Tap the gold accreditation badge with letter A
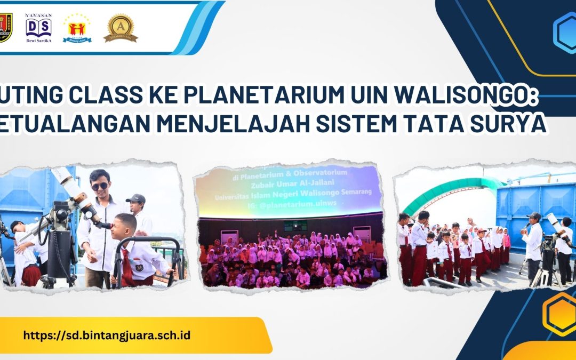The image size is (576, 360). pos(120,28)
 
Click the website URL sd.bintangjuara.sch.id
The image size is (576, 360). pos(107,335)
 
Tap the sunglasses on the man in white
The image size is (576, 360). pos(99,186)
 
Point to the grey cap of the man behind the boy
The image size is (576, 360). pos(136,198)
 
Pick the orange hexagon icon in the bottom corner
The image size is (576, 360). pos(560,315)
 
